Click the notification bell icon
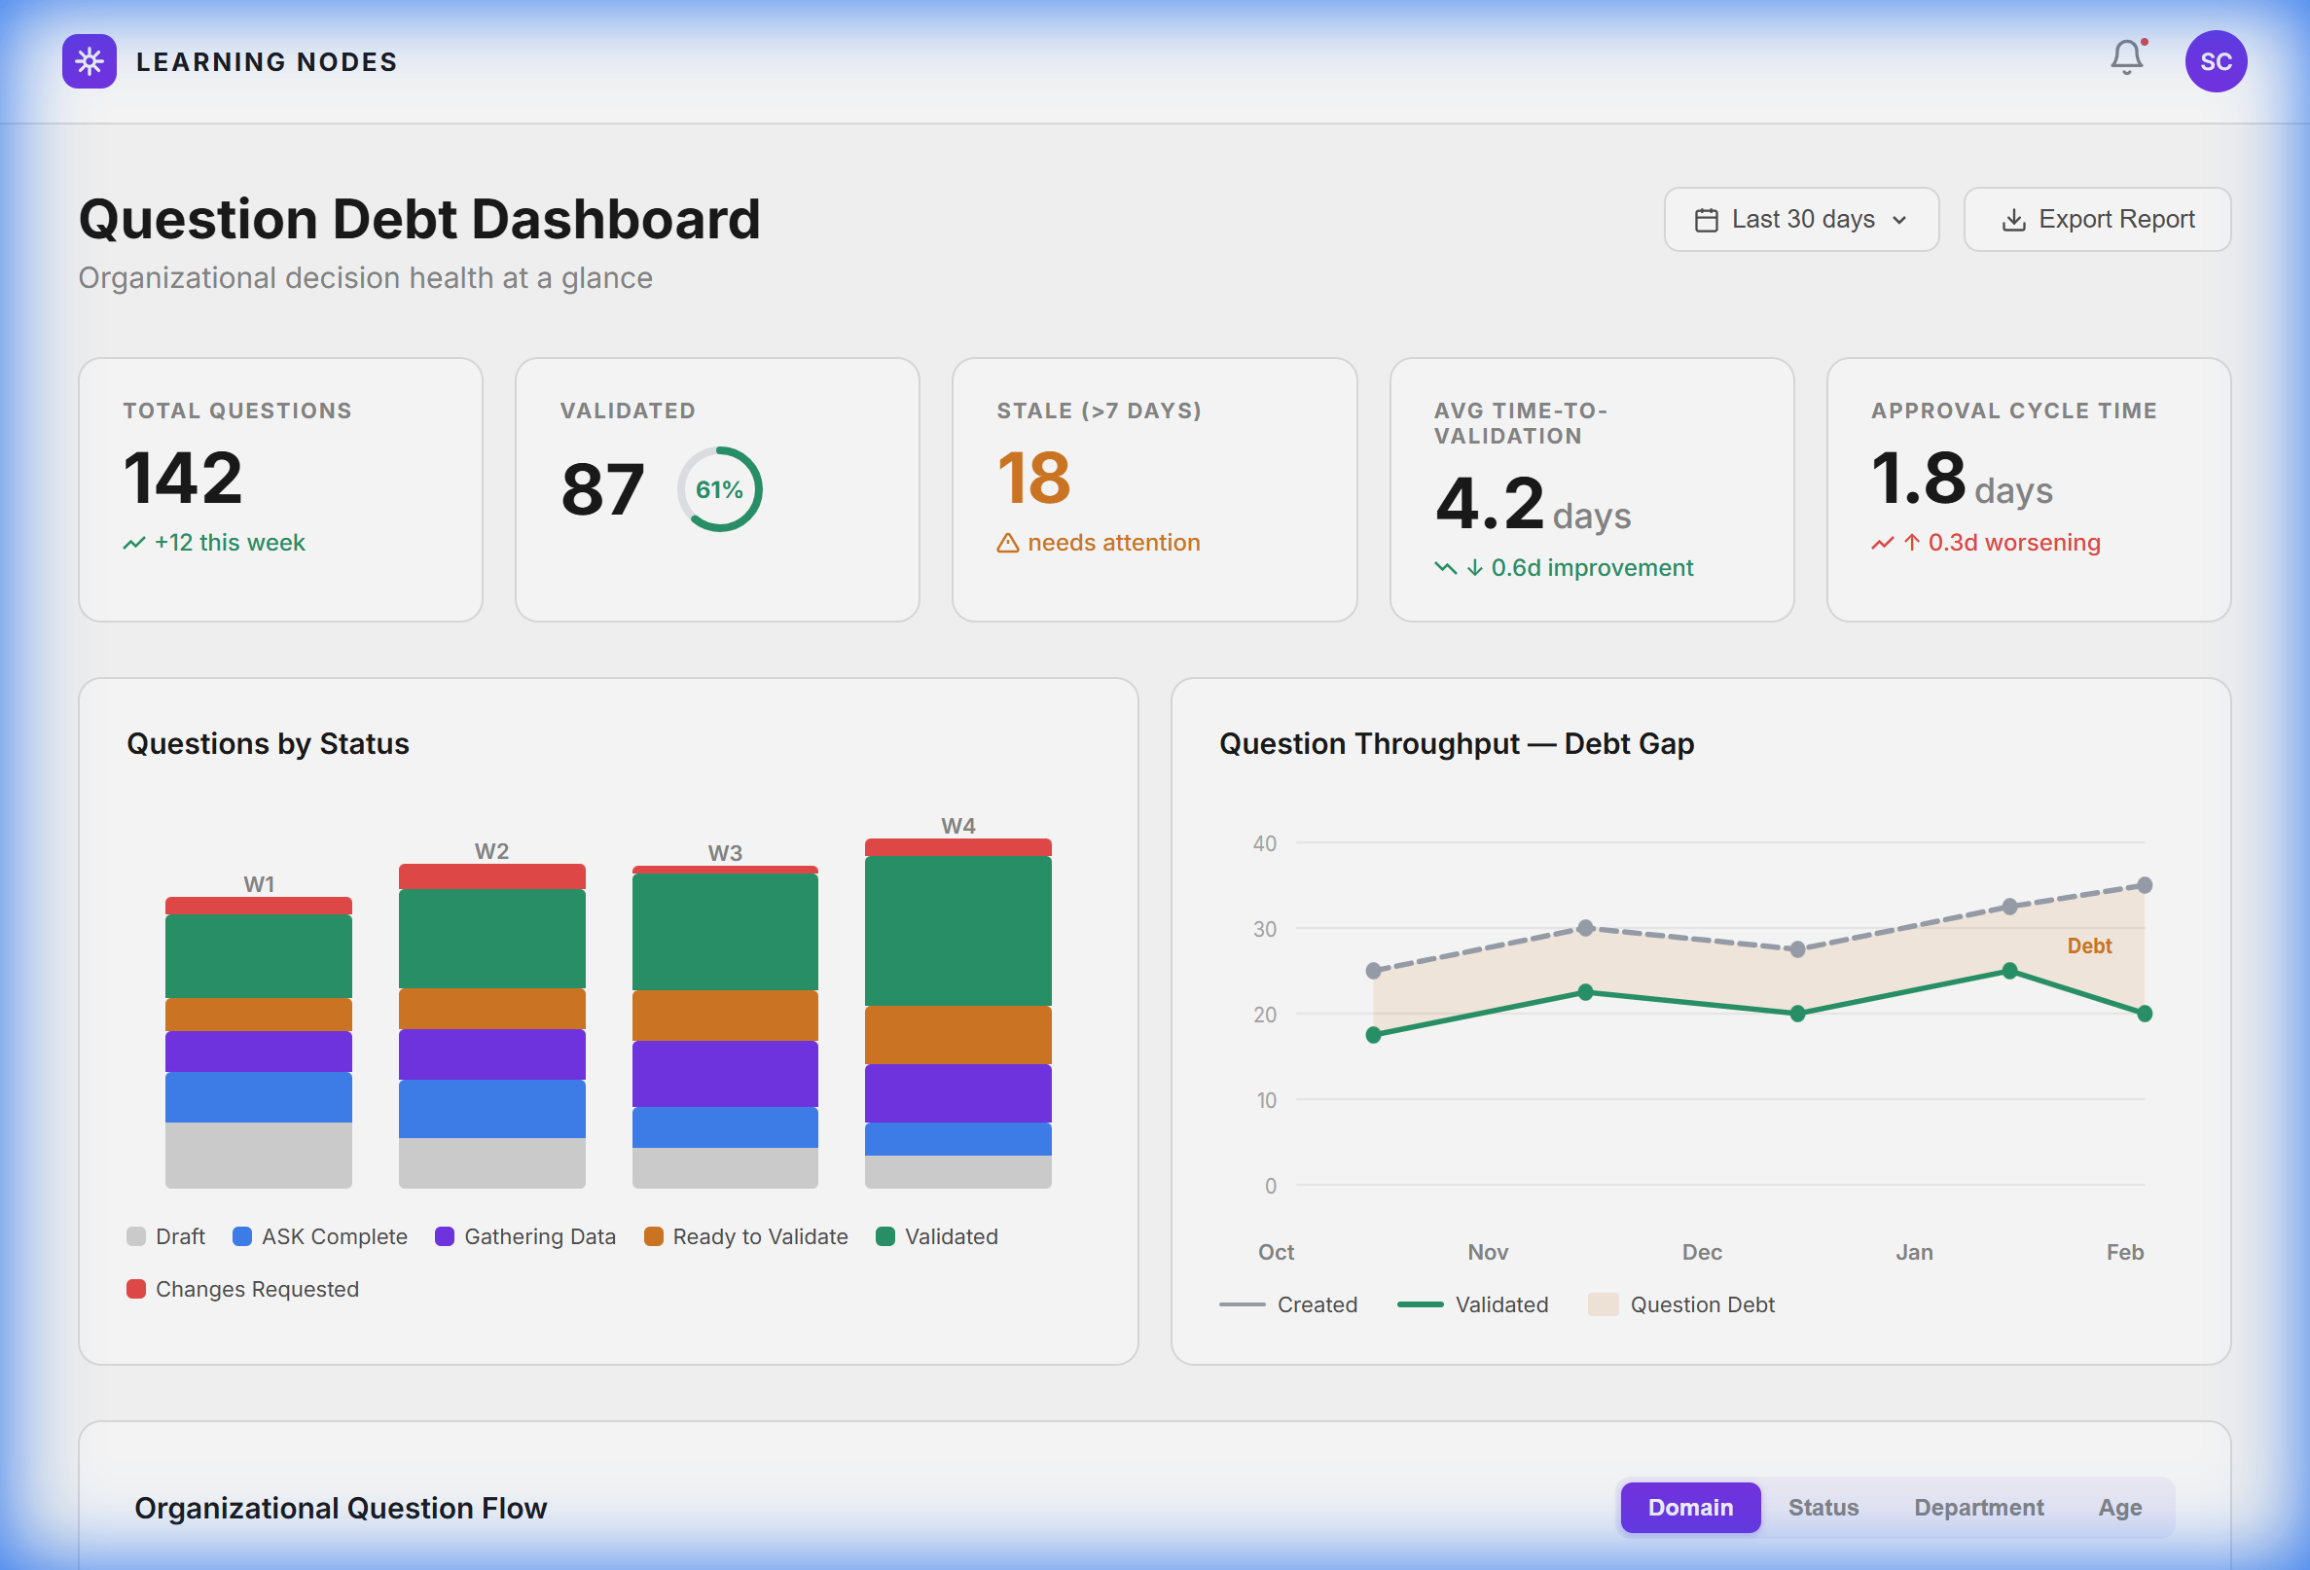(2126, 58)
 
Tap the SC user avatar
(2215, 61)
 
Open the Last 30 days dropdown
(1800, 220)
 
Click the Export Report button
(2096, 220)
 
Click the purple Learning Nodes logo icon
(90, 61)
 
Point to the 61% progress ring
(720, 489)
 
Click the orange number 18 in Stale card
(1032, 478)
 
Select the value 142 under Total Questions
(183, 478)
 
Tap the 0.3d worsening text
(2013, 543)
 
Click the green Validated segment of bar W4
(957, 930)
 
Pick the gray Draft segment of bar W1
(259, 1154)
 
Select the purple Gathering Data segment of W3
(725, 1073)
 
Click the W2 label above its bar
(491, 850)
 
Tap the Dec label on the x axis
(1701, 1252)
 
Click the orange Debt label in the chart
(2088, 946)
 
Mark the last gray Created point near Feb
(2144, 885)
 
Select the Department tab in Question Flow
(1978, 1508)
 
